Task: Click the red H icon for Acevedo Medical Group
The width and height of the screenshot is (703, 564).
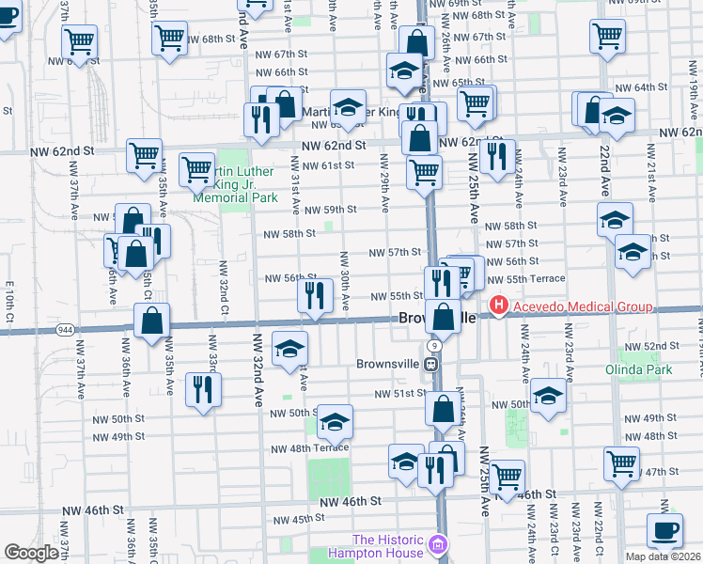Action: [x=497, y=306]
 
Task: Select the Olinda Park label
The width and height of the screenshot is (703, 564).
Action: [x=646, y=369]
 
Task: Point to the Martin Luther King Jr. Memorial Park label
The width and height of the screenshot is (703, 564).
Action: [x=235, y=184]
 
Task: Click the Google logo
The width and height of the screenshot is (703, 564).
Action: [x=31, y=553]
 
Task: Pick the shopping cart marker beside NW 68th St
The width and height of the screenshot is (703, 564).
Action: [x=170, y=39]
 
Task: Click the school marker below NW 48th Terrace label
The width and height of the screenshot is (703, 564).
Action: [x=406, y=462]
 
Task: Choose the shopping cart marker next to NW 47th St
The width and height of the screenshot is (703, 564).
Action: [x=622, y=462]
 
